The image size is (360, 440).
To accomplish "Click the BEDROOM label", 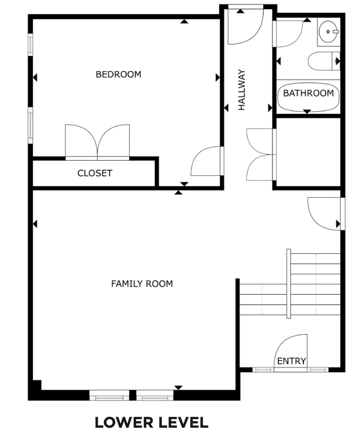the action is tap(119, 74).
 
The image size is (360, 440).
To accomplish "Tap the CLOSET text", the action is tap(95, 173).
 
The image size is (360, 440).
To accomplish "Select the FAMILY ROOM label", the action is tap(142, 284).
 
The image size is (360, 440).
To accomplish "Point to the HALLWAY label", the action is tap(241, 90).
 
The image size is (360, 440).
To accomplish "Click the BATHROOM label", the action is tap(308, 93).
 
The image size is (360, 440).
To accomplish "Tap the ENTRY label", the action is tap(292, 361).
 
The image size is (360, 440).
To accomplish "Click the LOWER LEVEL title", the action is tap(152, 422).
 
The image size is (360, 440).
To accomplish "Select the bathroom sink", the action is tap(329, 32).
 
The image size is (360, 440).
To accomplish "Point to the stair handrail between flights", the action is tap(288, 284).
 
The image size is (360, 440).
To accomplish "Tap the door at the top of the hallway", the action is tap(246, 25).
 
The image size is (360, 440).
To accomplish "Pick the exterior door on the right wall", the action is tap(326, 214).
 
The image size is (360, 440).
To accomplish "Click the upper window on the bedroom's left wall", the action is tap(30, 45).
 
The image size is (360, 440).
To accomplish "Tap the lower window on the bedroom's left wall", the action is tap(30, 125).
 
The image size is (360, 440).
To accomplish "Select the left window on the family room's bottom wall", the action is tap(109, 395).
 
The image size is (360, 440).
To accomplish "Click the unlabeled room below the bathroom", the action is tap(308, 152).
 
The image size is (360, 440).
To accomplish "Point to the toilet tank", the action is tap(336, 61).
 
